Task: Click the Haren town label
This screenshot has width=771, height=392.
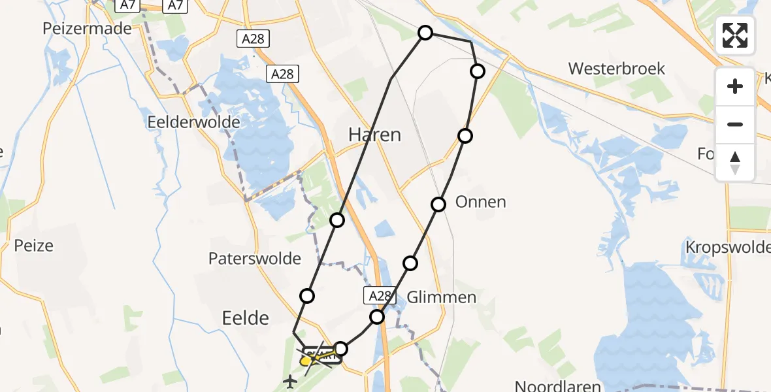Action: point(374,135)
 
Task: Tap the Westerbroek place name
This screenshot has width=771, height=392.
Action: point(616,69)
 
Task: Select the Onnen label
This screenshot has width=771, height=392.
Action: point(480,202)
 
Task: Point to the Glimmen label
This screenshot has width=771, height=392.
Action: point(441,297)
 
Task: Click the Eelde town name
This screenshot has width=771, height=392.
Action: point(246,318)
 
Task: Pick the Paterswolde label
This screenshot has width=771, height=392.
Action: point(254,259)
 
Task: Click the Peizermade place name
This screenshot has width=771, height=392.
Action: point(87,29)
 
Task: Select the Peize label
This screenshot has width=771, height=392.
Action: point(33,246)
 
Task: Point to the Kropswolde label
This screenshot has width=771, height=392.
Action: point(727,247)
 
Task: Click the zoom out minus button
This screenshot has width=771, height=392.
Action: point(735,124)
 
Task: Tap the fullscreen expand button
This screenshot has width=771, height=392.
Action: point(735,35)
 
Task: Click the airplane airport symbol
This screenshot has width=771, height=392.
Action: point(289,380)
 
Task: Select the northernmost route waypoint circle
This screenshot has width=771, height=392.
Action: point(425,33)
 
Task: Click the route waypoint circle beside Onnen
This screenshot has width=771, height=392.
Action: point(438,204)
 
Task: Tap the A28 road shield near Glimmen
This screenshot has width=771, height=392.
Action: point(379,296)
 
